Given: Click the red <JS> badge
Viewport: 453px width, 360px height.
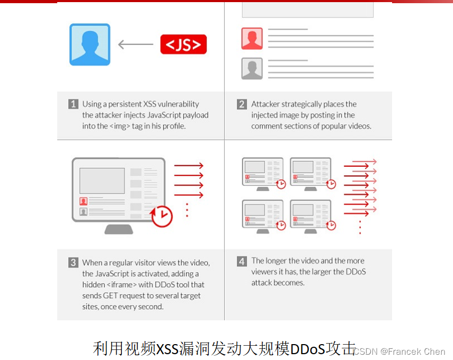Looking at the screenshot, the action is pyautogui.click(x=183, y=44).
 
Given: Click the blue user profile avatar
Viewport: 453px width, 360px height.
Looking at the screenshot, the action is pyautogui.click(x=90, y=44).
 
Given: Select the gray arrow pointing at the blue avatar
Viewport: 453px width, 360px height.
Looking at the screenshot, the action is pyautogui.click(x=136, y=44).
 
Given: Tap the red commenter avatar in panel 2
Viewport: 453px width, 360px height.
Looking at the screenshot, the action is pyautogui.click(x=252, y=39).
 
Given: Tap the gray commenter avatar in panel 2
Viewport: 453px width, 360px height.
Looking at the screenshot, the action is pyautogui.click(x=252, y=68).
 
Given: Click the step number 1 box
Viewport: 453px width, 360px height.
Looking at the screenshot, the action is pyautogui.click(x=73, y=104).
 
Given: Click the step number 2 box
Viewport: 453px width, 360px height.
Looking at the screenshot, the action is pyautogui.click(x=242, y=104).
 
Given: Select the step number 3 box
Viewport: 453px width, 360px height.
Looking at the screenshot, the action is pyautogui.click(x=73, y=263).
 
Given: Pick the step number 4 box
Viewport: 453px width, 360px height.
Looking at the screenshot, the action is pyautogui.click(x=242, y=262).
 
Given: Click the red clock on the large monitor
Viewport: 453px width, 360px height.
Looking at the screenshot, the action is pyautogui.click(x=162, y=216).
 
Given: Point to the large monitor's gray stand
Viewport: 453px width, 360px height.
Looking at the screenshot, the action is pyautogui.click(x=119, y=229).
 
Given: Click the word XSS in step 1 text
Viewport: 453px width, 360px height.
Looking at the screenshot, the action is pyautogui.click(x=150, y=104).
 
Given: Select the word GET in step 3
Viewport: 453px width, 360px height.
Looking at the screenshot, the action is pyautogui.click(x=110, y=295).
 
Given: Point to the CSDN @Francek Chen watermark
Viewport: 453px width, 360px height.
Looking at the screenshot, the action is pyautogui.click(x=399, y=352).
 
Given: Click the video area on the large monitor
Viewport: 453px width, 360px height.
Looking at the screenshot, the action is pyautogui.click(x=102, y=181).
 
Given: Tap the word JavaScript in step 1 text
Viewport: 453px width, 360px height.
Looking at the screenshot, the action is pyautogui.click(x=164, y=115).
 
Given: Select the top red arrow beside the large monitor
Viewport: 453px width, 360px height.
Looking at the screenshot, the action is pyautogui.click(x=189, y=166).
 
